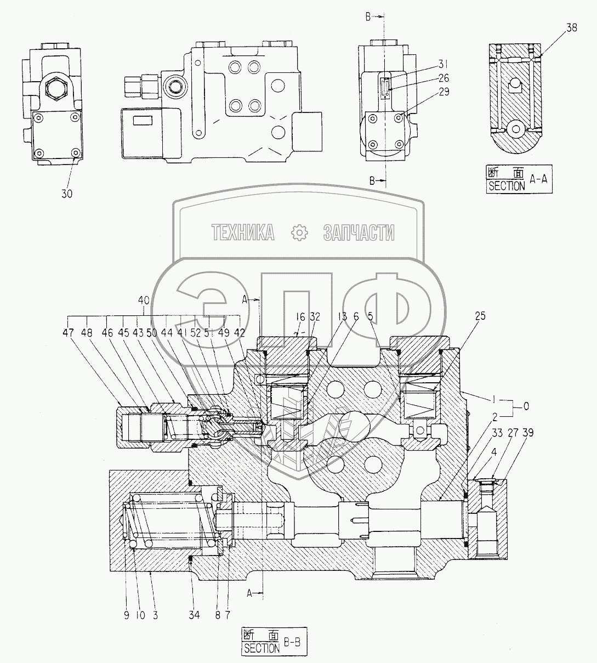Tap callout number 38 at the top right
coord(571,29)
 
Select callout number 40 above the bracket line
coord(144,301)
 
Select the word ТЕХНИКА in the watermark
coord(243,233)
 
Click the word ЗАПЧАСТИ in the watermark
coord(359,233)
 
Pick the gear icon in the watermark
coord(299,233)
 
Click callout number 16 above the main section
coord(301,316)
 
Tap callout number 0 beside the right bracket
coord(526,406)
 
